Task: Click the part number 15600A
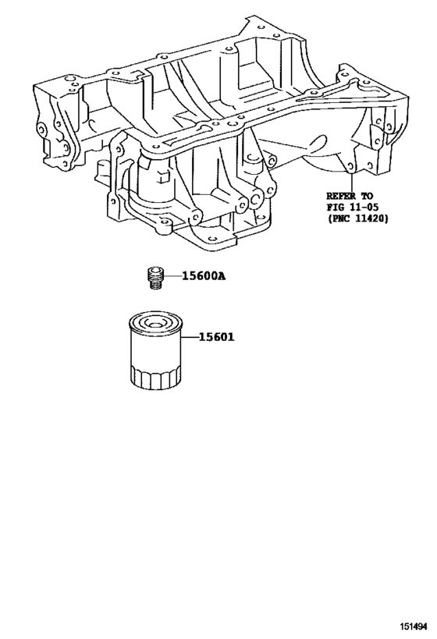(x=204, y=276)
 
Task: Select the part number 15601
(x=216, y=338)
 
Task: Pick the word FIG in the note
(x=335, y=207)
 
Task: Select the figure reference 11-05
(x=364, y=207)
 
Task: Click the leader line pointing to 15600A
(x=172, y=276)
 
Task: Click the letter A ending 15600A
(x=222, y=276)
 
